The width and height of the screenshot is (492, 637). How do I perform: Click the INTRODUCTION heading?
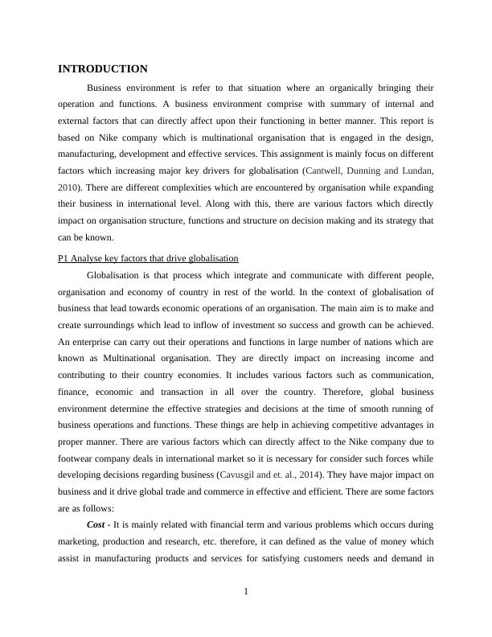coord(103,69)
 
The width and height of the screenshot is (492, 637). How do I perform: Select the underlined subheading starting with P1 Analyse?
coord(149,258)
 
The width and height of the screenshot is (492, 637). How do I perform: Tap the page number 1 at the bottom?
coord(246,592)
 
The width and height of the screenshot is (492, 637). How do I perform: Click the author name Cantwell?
coord(325,171)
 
